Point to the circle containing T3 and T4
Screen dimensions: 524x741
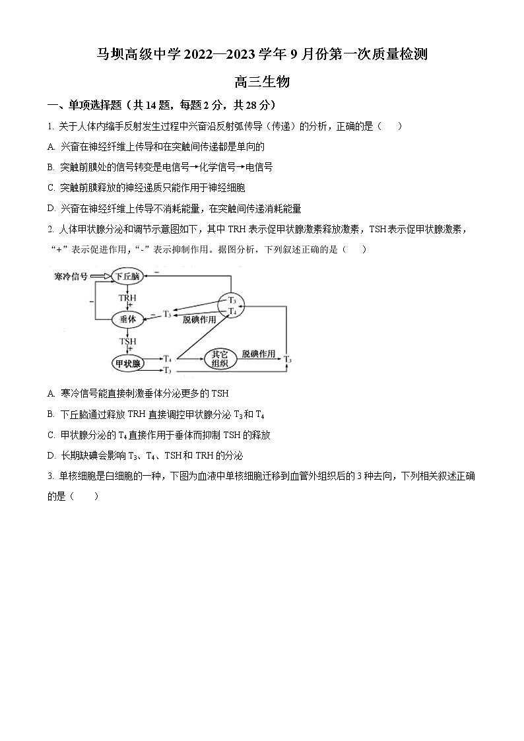[232, 306]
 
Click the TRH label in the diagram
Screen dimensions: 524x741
[127, 298]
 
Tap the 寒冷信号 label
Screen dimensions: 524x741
[71, 276]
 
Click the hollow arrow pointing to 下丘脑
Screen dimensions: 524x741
[99, 276]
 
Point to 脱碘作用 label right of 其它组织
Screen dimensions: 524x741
[258, 354]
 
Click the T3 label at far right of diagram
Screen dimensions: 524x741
[288, 360]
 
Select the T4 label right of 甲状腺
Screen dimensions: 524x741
[168, 358]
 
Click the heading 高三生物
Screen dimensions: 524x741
[262, 82]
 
